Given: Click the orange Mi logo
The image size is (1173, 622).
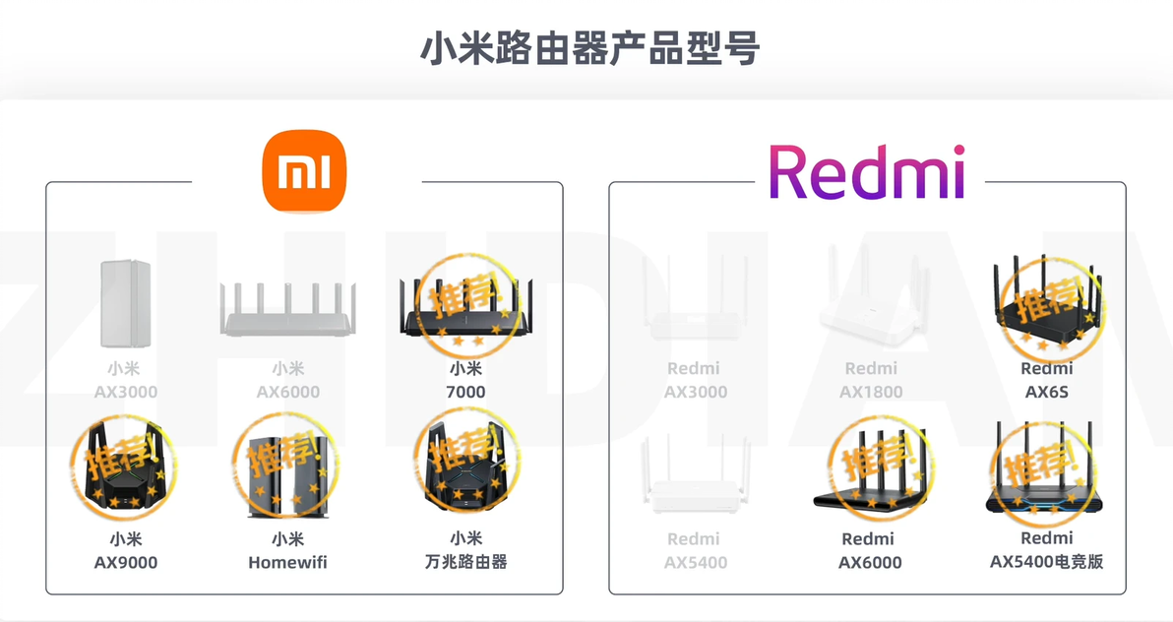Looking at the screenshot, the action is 304,170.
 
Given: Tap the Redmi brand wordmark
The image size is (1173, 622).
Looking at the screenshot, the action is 867,172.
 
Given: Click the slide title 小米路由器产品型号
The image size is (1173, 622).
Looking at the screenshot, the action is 589,48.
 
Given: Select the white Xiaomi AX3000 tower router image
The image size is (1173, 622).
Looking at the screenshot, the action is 125,303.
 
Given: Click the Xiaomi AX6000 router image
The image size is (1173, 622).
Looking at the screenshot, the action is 288,309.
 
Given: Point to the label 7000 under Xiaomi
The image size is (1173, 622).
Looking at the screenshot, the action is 465,392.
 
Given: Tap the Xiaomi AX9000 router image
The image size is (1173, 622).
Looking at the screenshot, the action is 124,466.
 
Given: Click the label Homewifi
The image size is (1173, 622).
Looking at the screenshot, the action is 288,562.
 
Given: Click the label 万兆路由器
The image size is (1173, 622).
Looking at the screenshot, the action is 466,561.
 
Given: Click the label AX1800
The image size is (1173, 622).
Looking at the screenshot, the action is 871,392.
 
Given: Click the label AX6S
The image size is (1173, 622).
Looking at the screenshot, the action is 1047,392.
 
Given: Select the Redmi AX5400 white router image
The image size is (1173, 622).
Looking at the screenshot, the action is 696,475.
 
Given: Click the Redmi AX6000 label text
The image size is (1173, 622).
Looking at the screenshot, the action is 869,551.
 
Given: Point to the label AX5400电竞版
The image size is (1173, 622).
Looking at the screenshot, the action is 1047,561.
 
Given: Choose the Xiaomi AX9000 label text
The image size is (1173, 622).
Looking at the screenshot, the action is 125,551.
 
